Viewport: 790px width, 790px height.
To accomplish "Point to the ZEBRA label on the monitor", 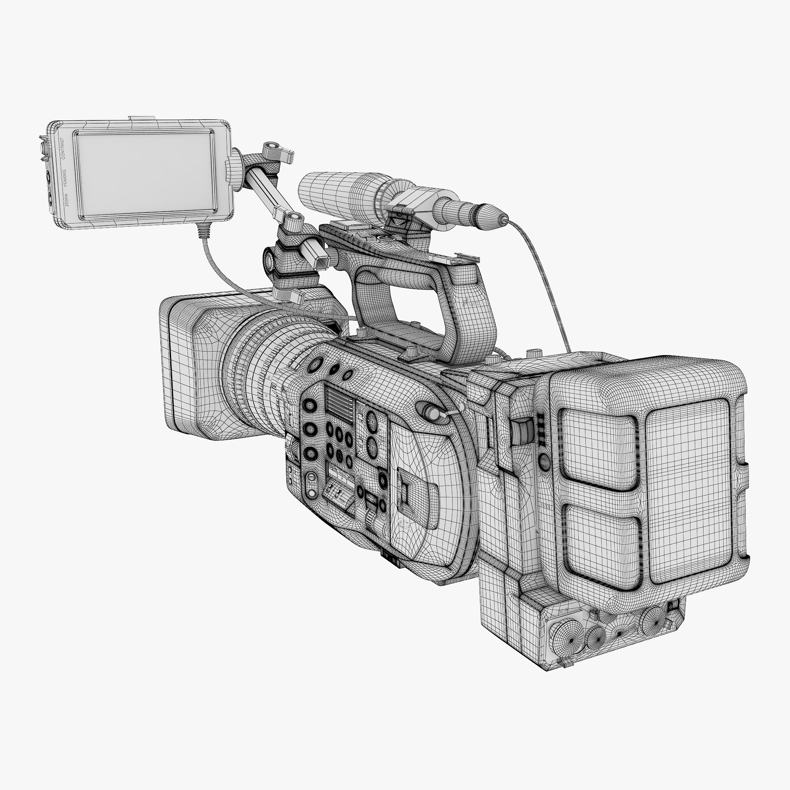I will [67, 201].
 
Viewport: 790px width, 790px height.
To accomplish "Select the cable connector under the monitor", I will [203, 231].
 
